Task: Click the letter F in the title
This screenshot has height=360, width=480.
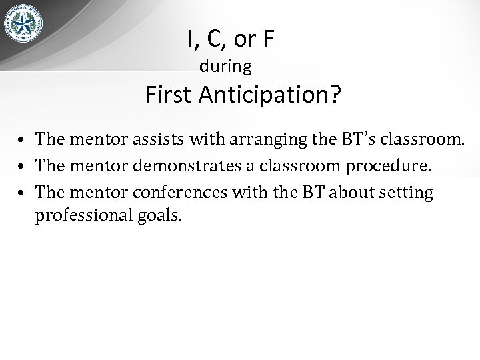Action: point(268,40)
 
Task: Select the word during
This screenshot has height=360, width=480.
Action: point(226,67)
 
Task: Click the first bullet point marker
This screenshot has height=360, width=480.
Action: point(22,141)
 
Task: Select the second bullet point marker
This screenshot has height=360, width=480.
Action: point(22,167)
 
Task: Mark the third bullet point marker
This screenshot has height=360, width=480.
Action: point(22,194)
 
